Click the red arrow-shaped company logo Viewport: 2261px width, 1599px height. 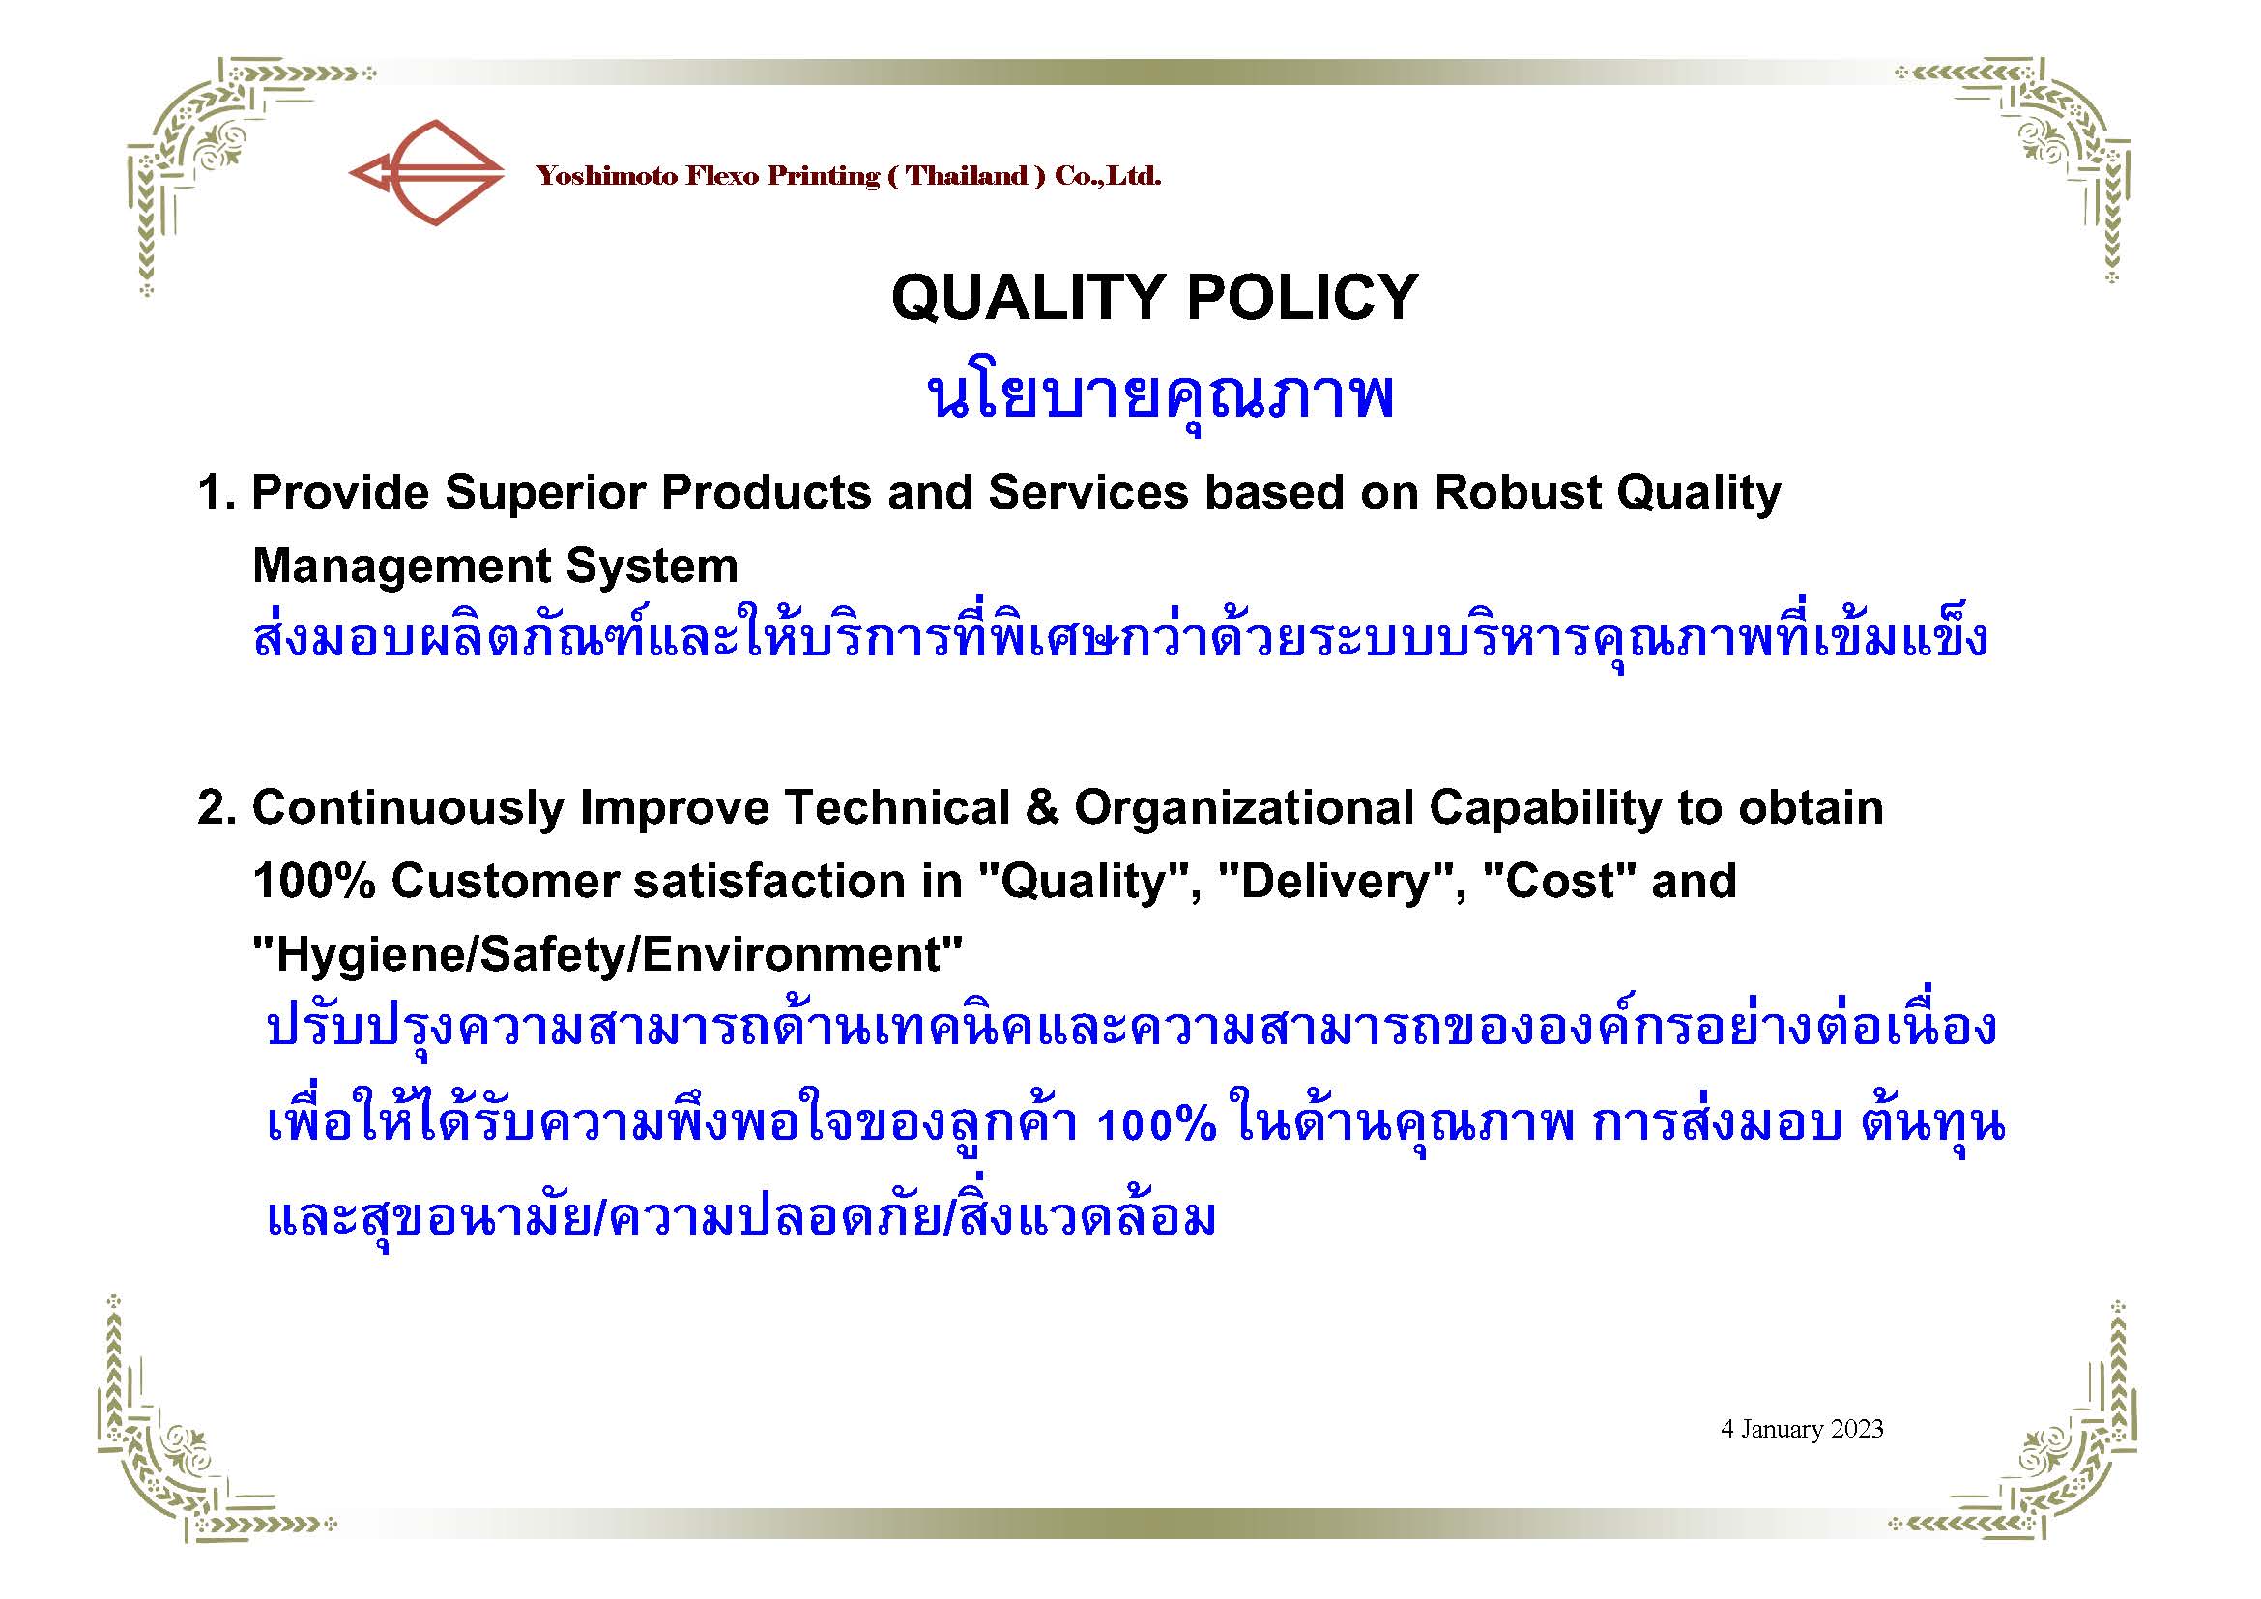(426, 173)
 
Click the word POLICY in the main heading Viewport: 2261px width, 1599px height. (1302, 297)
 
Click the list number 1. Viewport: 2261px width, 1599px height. (216, 492)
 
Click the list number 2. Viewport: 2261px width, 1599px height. (216, 807)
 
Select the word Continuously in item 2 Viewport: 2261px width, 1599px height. (408, 808)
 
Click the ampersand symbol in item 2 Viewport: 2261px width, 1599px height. (1042, 807)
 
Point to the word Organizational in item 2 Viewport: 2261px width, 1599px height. (1244, 808)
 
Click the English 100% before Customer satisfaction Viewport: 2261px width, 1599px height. (314, 882)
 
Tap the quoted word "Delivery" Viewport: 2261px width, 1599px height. (1334, 882)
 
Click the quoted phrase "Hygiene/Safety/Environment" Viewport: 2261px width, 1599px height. (608, 955)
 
